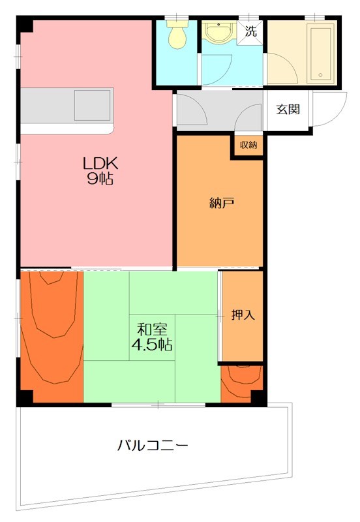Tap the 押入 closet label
243,315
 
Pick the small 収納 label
248,145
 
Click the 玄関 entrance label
288,109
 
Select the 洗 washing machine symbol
251,29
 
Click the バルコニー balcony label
153,446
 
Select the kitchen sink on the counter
91,105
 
